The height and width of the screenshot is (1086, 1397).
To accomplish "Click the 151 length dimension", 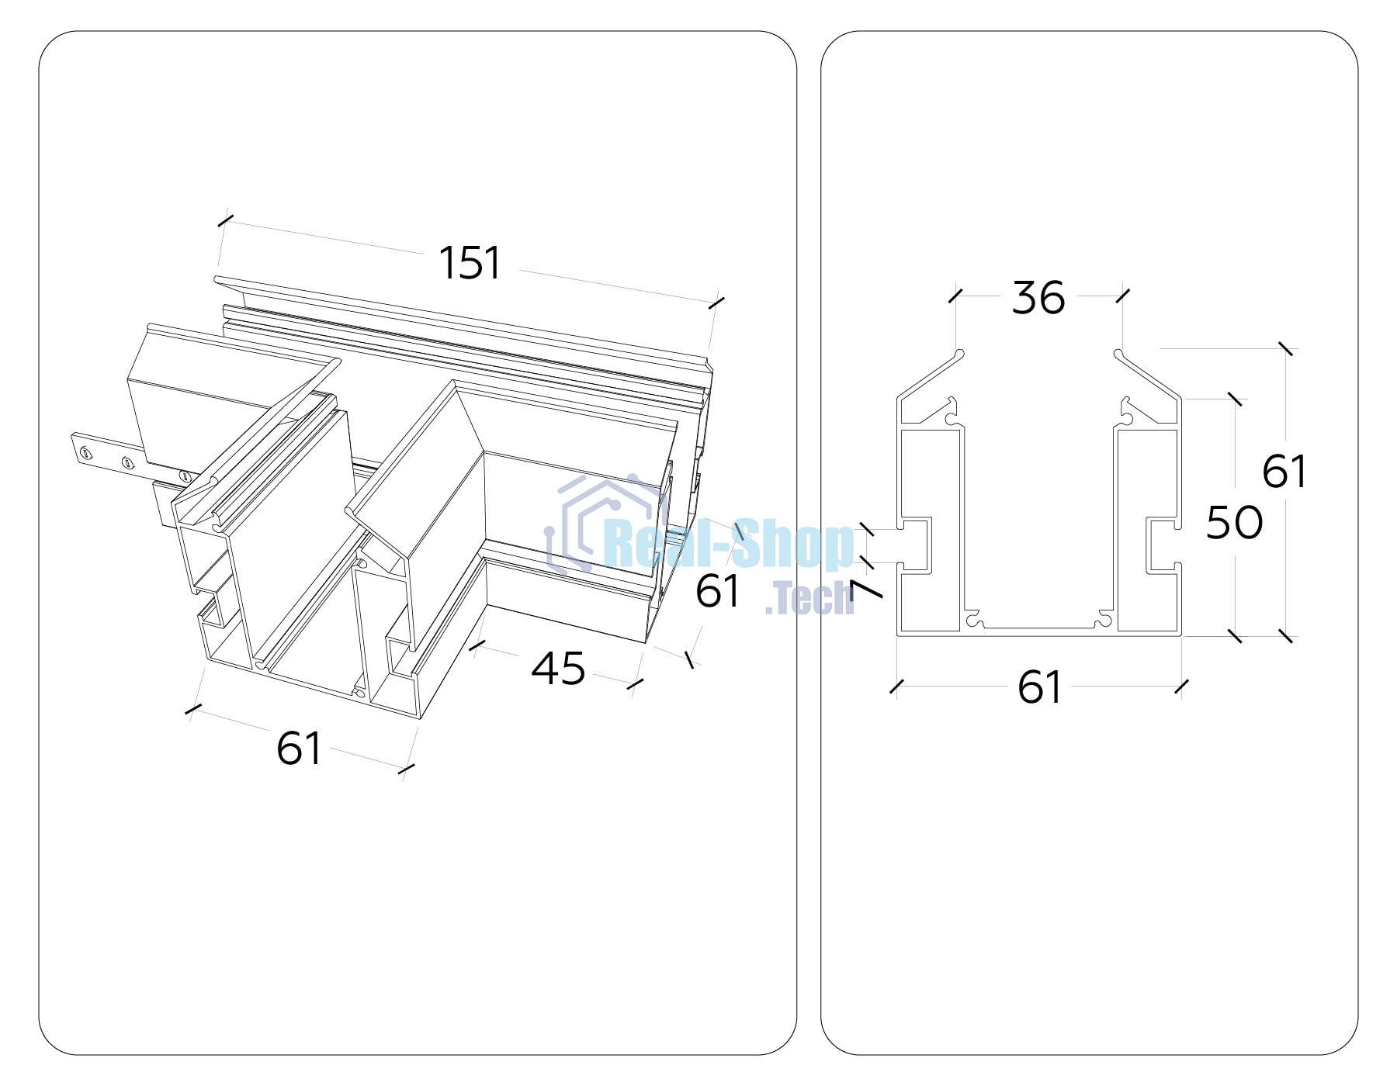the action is point(470,263).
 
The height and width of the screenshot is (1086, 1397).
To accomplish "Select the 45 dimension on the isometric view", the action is point(558,668).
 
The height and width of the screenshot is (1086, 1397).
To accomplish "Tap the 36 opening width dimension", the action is point(1038,298).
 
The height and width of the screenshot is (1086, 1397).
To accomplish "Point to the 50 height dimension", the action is point(1234,522).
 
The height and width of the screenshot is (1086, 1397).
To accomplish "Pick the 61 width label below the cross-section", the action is point(1039,687).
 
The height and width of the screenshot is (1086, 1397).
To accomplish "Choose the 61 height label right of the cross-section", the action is point(1284,471).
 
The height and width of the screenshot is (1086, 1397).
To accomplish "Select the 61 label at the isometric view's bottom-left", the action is point(299,749).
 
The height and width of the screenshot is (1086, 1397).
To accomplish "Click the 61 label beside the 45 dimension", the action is point(718,591).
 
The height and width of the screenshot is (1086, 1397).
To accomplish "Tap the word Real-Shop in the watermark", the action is point(728,545).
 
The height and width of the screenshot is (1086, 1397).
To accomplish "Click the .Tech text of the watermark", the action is point(809,598).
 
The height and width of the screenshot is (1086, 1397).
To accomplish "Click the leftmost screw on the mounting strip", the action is point(86,453).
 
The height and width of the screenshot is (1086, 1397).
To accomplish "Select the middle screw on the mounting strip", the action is point(128,464).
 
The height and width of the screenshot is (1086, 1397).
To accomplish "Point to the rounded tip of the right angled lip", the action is point(1119,355).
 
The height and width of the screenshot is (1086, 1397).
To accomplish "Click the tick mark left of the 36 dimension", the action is point(955,296).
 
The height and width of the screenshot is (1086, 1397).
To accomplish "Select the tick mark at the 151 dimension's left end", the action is point(225,221).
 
